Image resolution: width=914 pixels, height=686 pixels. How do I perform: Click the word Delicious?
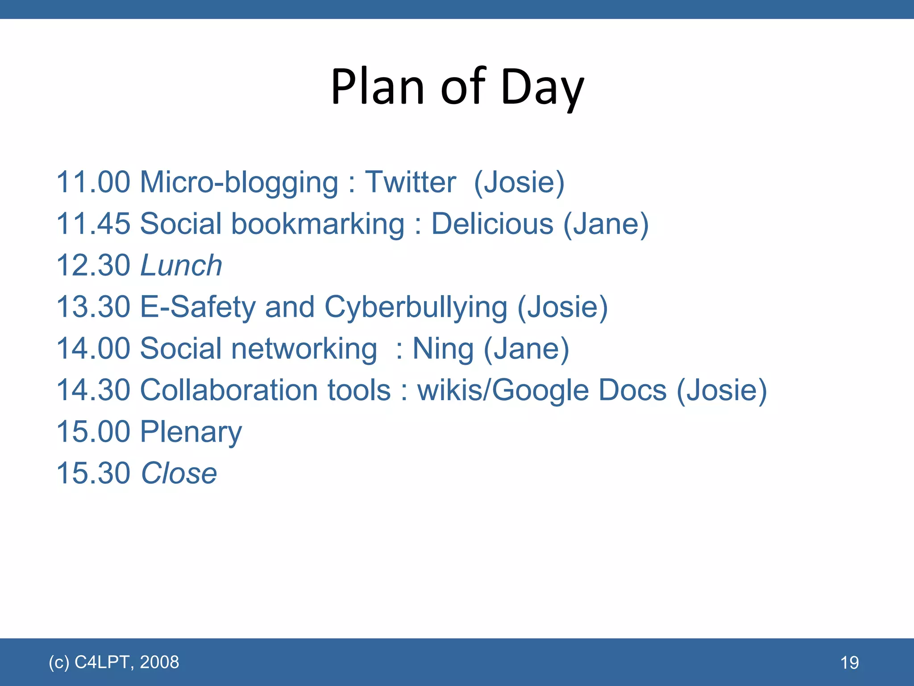click(x=492, y=224)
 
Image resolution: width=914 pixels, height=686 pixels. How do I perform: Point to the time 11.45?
click(x=93, y=224)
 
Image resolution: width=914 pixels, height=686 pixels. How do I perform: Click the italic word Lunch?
click(x=181, y=265)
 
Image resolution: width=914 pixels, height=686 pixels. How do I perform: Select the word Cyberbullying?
click(x=415, y=307)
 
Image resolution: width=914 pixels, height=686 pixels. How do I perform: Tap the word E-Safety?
click(x=198, y=307)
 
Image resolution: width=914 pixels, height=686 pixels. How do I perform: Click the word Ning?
click(x=443, y=349)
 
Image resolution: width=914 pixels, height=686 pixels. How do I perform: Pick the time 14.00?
click(x=93, y=349)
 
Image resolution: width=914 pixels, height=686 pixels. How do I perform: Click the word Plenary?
click(x=191, y=432)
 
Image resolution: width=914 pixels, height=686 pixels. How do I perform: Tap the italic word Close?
click(x=179, y=473)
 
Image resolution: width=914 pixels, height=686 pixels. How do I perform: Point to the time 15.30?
click(x=93, y=473)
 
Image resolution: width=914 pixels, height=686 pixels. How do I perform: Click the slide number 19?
click(x=849, y=663)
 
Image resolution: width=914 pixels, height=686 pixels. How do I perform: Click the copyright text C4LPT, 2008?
click(x=127, y=662)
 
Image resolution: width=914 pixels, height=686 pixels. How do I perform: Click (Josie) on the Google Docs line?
click(x=722, y=390)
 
